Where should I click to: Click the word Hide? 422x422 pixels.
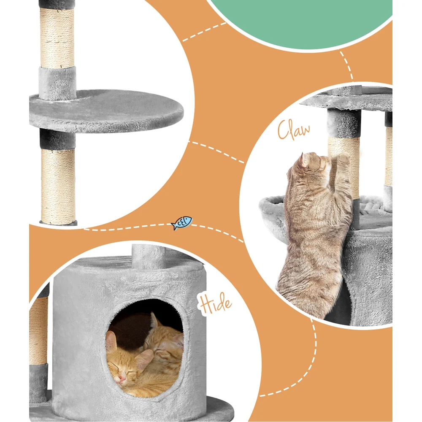(x=216, y=303)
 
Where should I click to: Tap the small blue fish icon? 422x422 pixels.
(x=182, y=222)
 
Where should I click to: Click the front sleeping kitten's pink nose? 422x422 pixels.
(x=121, y=379)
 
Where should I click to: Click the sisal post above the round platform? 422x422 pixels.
(x=57, y=38)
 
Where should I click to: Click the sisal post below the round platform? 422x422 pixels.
(x=58, y=186)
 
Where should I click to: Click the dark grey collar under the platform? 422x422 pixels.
(x=58, y=140)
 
